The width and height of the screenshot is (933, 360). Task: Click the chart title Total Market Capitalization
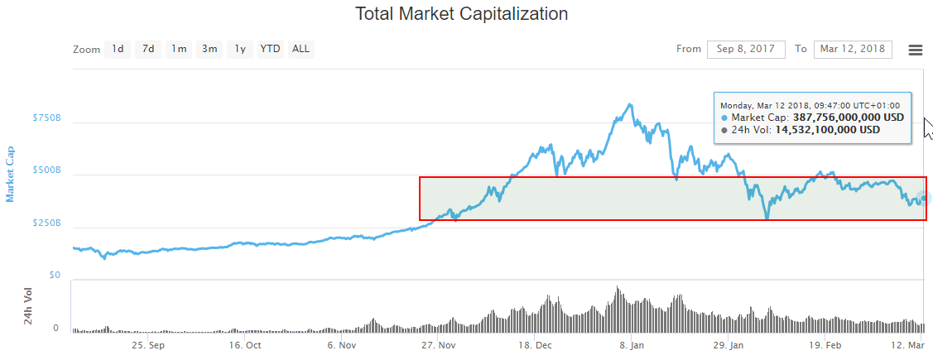tap(461, 14)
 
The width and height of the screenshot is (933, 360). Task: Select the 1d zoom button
tap(118, 49)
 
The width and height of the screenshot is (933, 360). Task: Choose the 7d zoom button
tap(148, 49)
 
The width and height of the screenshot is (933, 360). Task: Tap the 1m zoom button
tap(179, 49)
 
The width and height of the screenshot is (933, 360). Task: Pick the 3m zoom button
tap(209, 49)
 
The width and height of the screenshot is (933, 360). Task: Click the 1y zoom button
tap(240, 49)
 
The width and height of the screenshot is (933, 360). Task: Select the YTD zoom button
tap(270, 49)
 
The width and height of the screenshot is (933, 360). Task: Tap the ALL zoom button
tap(301, 49)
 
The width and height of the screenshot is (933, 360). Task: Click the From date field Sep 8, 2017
tap(746, 49)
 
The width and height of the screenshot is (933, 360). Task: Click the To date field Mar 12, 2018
tap(853, 49)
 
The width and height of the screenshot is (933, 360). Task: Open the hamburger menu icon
tap(916, 50)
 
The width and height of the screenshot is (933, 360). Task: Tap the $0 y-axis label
tap(54, 276)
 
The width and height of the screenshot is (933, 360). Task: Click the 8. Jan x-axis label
tap(632, 345)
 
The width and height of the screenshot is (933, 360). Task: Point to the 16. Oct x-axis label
tap(245, 345)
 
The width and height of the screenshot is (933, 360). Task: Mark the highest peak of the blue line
tap(631, 104)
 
